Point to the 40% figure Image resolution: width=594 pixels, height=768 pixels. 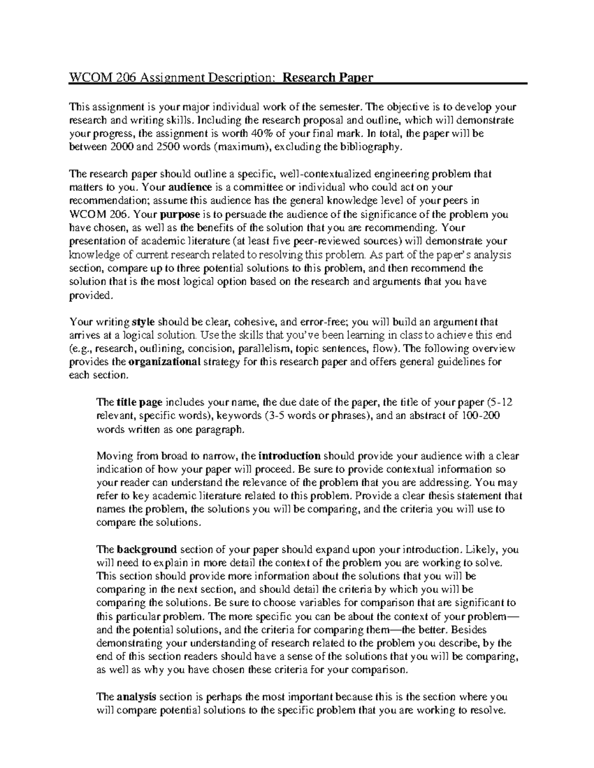[x=252, y=133]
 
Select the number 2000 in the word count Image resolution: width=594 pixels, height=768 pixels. [x=122, y=146]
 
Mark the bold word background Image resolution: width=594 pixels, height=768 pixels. [x=147, y=549]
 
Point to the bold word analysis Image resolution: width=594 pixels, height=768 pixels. [x=136, y=697]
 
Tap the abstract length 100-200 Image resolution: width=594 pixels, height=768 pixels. [x=481, y=415]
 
